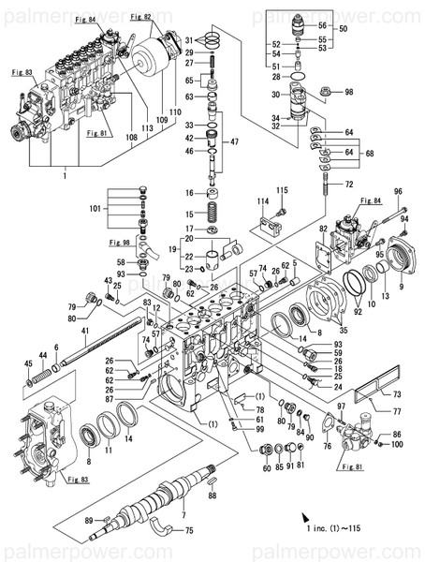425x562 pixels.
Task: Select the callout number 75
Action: [189, 531]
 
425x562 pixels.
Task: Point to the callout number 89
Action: [88, 519]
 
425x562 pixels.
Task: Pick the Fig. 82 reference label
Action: [141, 17]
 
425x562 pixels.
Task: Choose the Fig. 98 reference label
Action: [122, 243]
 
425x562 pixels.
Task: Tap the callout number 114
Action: [263, 201]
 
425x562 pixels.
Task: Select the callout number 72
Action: [349, 185]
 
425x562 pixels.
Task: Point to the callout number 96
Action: [398, 192]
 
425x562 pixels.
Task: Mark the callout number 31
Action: [188, 39]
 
